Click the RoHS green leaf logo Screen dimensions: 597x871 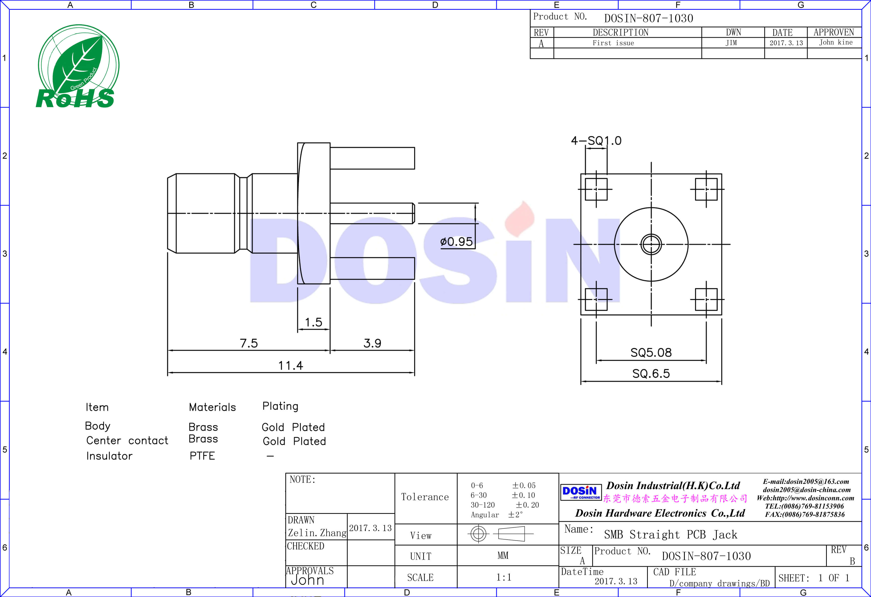78,67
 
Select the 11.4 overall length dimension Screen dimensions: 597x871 291,365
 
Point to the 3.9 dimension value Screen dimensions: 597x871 372,343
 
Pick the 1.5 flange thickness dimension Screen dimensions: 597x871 313,322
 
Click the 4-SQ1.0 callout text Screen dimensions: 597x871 596,141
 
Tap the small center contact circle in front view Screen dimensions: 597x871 651,244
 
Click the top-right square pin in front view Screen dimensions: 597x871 706,189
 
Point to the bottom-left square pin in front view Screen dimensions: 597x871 596,299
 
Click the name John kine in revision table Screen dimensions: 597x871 835,42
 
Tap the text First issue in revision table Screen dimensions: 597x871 613,43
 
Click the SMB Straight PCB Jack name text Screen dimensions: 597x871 671,534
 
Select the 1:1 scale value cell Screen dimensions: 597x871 504,577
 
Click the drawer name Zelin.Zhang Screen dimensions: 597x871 317,533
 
